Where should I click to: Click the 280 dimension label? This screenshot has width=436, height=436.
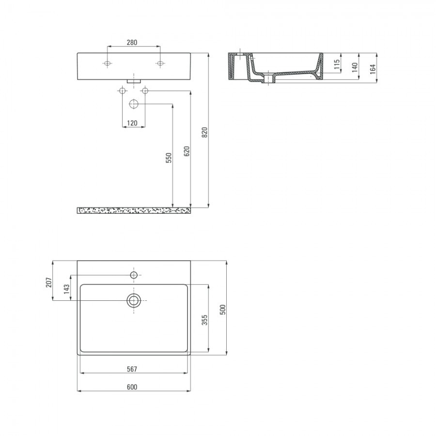pos(132,43)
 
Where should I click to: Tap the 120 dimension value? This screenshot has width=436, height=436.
pos(132,123)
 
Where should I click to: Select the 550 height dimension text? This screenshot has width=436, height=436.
pos(169,157)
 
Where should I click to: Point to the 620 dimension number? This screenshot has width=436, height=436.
pos(187,151)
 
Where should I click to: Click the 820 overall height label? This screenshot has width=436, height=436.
pos(204,132)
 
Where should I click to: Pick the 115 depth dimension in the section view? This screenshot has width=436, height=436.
pos(337,64)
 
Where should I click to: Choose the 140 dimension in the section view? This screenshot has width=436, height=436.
pos(355,67)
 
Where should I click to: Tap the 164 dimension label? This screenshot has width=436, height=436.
pos(373,69)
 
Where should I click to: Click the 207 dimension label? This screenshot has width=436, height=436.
pos(48,282)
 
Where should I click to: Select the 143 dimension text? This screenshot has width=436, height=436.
pos(66,289)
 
